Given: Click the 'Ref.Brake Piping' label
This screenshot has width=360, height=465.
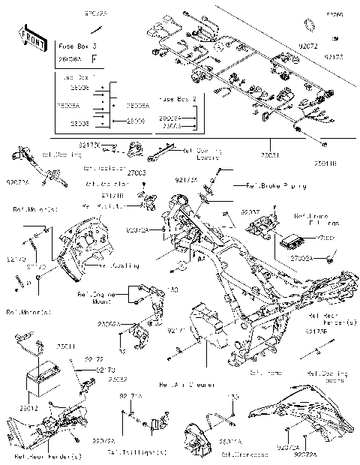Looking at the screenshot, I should tap(262, 185).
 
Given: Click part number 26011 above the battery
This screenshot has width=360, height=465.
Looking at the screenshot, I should tap(67, 346).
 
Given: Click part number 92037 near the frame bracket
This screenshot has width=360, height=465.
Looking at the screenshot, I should tap(250, 214).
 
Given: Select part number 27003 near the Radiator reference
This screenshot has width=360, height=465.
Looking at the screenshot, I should tap(136, 173).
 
